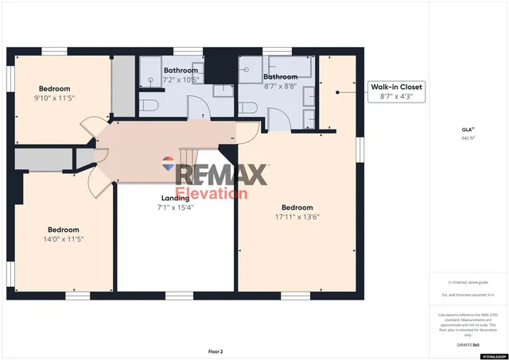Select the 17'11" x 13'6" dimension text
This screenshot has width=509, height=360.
point(297,216)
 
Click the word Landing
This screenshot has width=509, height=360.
point(175,198)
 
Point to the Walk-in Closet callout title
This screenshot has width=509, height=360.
point(396,86)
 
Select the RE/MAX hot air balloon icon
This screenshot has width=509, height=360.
point(169,165)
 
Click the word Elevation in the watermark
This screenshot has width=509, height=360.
point(212,193)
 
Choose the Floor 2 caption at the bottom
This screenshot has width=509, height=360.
point(216,350)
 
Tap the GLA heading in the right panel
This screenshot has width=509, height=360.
point(467,129)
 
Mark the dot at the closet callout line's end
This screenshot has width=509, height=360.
point(337,92)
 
